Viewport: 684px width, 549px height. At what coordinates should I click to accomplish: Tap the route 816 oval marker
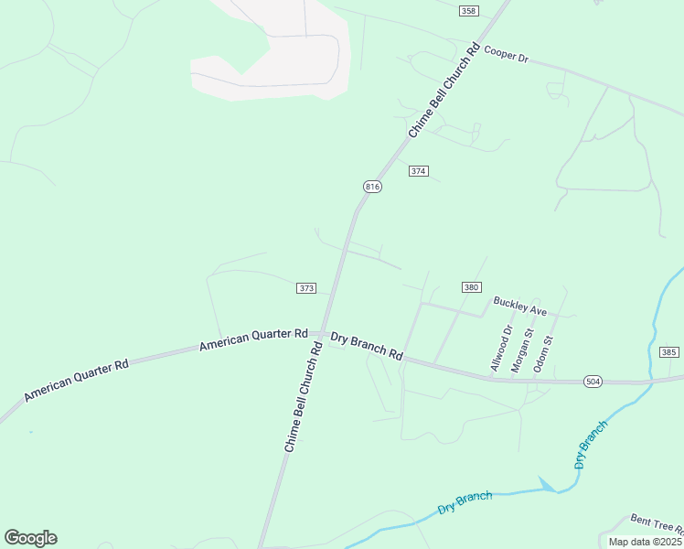tap(372, 187)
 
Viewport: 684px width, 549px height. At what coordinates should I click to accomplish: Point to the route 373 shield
tap(306, 288)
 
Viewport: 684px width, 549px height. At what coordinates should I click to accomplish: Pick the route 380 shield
tap(471, 287)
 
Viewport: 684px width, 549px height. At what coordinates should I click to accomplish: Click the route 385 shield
tap(668, 352)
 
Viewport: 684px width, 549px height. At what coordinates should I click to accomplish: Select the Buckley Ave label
tap(519, 306)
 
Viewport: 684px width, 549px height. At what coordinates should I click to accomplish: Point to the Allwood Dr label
tap(501, 348)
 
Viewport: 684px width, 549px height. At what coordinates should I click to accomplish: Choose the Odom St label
tap(545, 353)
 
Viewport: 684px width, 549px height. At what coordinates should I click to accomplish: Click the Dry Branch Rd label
tap(367, 345)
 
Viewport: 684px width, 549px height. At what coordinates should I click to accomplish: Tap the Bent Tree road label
tap(656, 524)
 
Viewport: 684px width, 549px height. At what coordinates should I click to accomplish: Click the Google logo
tap(30, 538)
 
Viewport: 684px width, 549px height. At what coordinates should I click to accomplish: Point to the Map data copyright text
tap(645, 542)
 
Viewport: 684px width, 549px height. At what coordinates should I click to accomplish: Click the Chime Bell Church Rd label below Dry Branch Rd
tap(305, 398)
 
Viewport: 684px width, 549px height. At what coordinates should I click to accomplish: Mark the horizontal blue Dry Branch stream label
tap(465, 502)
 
